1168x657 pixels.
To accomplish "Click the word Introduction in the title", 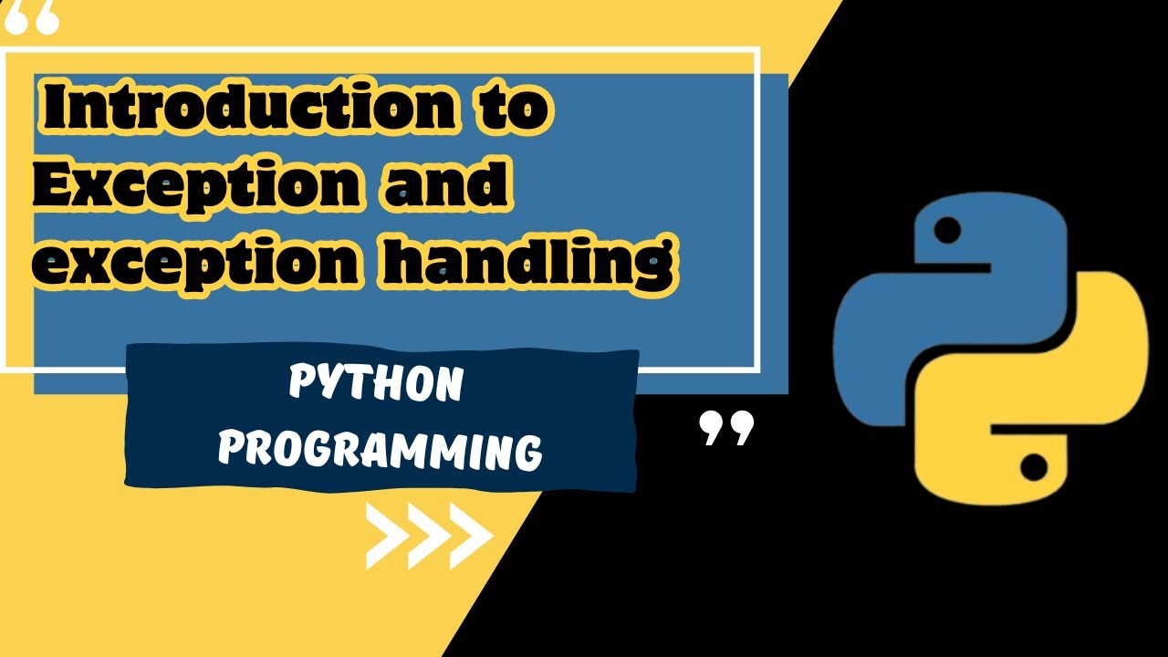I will click(246, 109).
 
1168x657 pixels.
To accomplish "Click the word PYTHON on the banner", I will click(376, 385).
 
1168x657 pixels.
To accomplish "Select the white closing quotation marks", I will click(726, 427).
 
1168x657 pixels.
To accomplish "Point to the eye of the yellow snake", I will click(1033, 468).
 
